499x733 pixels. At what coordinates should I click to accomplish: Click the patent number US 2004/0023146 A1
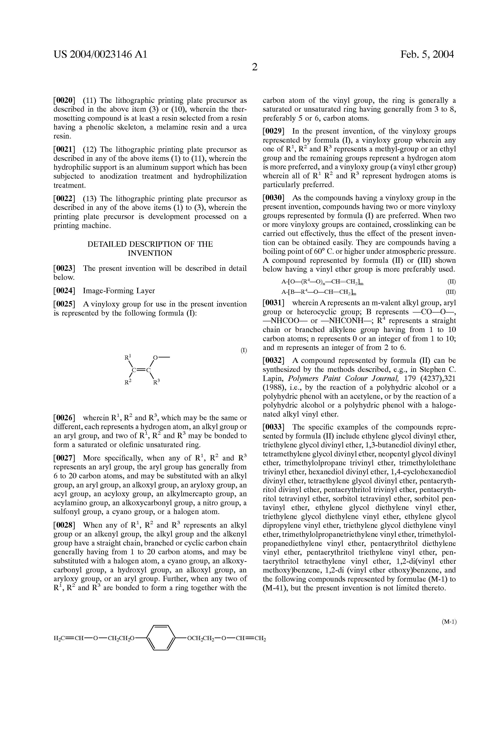pyautogui.click(x=100, y=55)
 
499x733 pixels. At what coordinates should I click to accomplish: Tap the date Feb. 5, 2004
pyautogui.click(x=427, y=55)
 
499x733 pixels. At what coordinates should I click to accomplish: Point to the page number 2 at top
pyautogui.click(x=254, y=67)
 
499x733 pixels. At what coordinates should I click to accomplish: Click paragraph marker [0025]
pyautogui.click(x=64, y=304)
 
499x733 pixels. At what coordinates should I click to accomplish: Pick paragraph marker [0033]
pyautogui.click(x=274, y=427)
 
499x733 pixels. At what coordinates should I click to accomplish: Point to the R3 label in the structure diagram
pyautogui.click(x=156, y=383)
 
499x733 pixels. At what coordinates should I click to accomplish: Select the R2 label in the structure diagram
pyautogui.click(x=127, y=383)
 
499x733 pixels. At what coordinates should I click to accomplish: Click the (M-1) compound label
pyautogui.click(x=449, y=622)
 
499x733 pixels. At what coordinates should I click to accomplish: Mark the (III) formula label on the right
pyautogui.click(x=450, y=292)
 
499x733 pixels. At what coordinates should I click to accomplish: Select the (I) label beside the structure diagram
pyautogui.click(x=244, y=350)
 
